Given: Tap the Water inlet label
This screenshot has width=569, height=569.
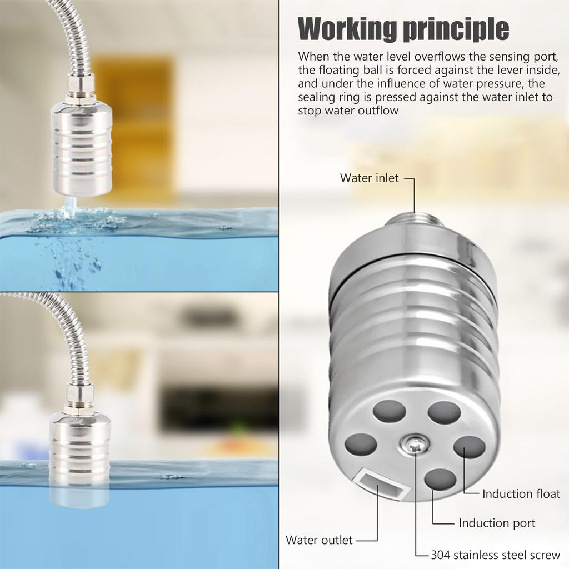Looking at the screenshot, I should coord(369,178).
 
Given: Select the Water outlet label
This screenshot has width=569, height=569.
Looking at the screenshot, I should coord(319,540).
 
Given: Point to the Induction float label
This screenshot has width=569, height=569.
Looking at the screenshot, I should coord(521,493).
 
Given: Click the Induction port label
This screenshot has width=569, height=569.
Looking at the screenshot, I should coord(497,523).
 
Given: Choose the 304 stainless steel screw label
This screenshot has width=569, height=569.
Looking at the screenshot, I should coord(496,555).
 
